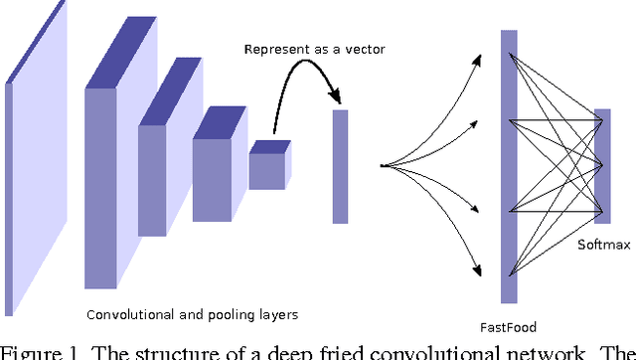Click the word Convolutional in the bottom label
pyautogui.click(x=126, y=315)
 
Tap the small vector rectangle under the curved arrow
pyautogui.click(x=340, y=166)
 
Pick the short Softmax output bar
pyautogui.click(x=602, y=166)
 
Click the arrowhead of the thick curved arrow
pyautogui.click(x=339, y=98)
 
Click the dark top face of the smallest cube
pyautogui.click(x=269, y=146)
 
